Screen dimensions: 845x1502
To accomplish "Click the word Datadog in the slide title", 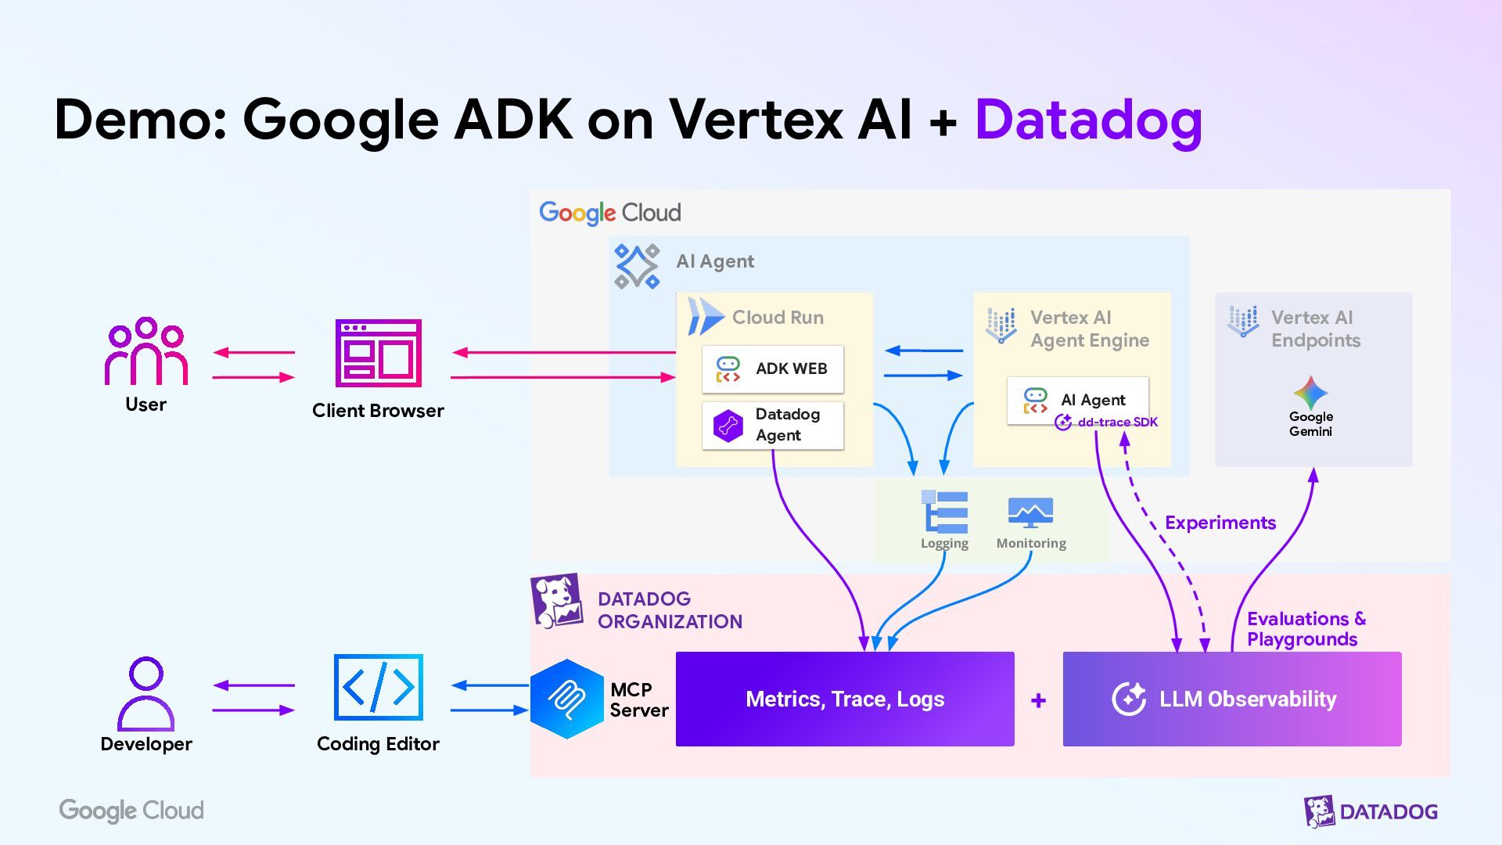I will click(1087, 121).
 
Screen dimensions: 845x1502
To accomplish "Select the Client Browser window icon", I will click(378, 353).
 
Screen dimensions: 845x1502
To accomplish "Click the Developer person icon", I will click(146, 693).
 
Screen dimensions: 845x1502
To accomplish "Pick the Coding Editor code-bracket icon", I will click(378, 688).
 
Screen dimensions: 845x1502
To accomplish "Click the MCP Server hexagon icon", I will click(566, 699).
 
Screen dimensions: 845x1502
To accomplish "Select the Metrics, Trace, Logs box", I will click(845, 699).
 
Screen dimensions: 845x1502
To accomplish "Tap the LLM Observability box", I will click(1231, 699).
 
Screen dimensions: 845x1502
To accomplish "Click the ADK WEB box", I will click(773, 369).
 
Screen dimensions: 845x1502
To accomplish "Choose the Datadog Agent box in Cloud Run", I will click(773, 425).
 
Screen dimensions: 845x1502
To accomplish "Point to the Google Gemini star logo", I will click(1310, 393).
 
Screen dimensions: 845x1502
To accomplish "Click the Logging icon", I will click(945, 512).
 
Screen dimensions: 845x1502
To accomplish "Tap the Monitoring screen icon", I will click(1030, 512).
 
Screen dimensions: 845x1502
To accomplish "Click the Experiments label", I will click(1220, 523).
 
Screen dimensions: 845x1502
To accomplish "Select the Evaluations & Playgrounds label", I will click(1305, 629).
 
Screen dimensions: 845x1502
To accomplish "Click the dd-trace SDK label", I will click(1117, 422).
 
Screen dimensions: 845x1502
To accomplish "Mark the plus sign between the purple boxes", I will click(1038, 700).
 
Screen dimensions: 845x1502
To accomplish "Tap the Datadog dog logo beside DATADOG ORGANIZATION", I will click(556, 601).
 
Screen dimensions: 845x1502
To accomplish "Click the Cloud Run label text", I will click(778, 318).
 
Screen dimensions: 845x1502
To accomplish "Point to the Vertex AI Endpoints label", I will click(1315, 329).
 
